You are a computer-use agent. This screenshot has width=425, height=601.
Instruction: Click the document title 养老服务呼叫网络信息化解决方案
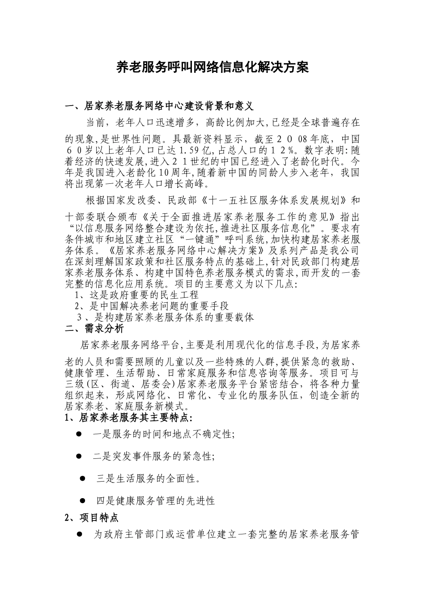[x=212, y=68]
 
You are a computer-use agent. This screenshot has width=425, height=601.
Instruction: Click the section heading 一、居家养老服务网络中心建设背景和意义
[x=159, y=106]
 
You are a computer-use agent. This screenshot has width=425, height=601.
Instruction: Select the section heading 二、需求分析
[x=94, y=328]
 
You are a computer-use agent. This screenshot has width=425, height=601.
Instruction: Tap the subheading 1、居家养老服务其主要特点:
[x=129, y=418]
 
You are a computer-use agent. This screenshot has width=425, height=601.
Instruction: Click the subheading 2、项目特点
[x=92, y=517]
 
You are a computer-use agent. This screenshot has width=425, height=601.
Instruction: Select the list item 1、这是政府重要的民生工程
[x=136, y=295]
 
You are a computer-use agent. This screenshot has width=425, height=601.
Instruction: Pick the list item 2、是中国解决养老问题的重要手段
[x=152, y=306]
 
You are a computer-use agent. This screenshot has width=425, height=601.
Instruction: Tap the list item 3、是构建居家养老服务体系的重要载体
[x=166, y=317]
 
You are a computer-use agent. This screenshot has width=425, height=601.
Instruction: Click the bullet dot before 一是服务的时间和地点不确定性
[x=79, y=434]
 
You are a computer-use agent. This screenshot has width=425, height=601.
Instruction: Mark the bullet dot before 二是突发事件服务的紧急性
[x=79, y=456]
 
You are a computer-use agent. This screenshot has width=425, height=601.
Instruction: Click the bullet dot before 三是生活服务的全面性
[x=82, y=478]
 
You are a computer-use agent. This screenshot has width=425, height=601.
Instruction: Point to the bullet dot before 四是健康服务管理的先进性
[x=82, y=500]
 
